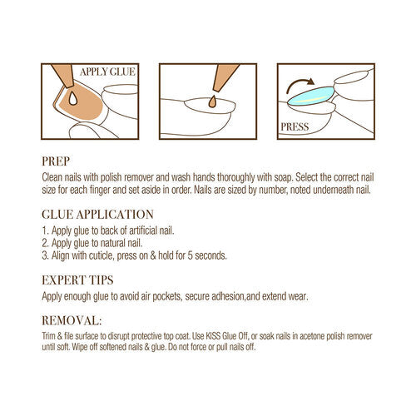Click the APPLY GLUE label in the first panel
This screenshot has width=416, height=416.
pyautogui.click(x=107, y=72)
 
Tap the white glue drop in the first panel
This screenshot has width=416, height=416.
pyautogui.click(x=73, y=99)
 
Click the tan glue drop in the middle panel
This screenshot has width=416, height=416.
pyautogui.click(x=212, y=102)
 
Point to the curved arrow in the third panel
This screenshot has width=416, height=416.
pyautogui.click(x=300, y=84)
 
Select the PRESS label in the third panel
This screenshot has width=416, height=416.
pyautogui.click(x=295, y=127)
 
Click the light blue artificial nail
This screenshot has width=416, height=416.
pyautogui.click(x=311, y=96)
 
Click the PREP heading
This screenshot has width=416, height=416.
pyautogui.click(x=56, y=161)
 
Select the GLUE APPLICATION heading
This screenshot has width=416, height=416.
pyautogui.click(x=97, y=215)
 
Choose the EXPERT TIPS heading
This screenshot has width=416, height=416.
pyautogui.click(x=77, y=280)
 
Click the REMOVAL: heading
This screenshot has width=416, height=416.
pyautogui.click(x=72, y=320)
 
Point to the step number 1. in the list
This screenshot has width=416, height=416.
pyautogui.click(x=46, y=230)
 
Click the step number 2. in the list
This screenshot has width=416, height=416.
pyautogui.click(x=46, y=243)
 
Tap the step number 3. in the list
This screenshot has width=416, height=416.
pyautogui.click(x=46, y=255)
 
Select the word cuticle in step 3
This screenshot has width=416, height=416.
pyautogui.click(x=102, y=255)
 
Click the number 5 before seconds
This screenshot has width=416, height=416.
pyautogui.click(x=190, y=255)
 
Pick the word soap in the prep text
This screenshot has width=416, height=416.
pyautogui.click(x=283, y=177)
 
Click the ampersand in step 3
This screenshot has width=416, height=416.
pyautogui.click(x=153, y=255)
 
